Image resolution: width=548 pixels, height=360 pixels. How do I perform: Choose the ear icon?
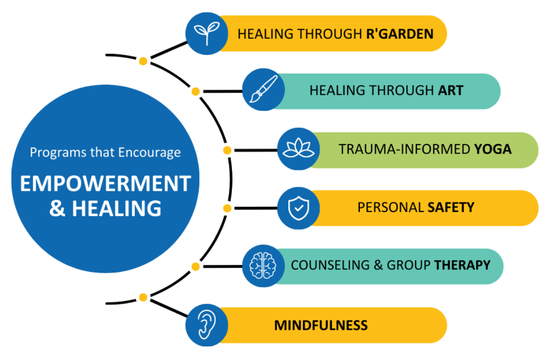204,324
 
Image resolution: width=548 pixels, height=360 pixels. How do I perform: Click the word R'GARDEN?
400,34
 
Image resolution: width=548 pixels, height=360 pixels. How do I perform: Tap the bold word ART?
450,91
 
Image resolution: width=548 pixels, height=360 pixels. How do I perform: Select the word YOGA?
493,150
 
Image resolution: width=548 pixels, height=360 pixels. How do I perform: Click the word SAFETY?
451,207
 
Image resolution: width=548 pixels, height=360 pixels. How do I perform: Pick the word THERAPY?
462,265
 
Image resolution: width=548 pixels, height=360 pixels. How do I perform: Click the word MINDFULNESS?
321,325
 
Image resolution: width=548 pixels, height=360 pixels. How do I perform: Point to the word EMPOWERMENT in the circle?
106,183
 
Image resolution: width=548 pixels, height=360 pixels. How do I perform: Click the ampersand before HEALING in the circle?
57,208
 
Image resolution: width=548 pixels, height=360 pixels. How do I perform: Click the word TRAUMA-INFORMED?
405,150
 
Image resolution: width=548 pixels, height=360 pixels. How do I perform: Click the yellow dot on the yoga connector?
227,150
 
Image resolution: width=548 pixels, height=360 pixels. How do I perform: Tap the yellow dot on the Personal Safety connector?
227,208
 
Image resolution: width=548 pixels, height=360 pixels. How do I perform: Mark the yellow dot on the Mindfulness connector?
143,297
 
